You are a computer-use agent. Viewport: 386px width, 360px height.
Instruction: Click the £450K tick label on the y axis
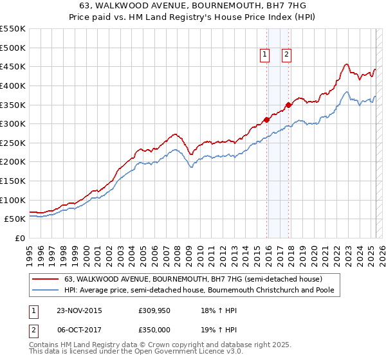13,66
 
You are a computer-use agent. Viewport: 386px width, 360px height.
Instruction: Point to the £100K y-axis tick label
13,200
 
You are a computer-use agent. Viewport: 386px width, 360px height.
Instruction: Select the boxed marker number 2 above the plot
287,55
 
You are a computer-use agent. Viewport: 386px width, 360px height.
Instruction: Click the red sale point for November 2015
266,120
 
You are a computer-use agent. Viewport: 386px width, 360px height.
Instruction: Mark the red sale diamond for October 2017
288,105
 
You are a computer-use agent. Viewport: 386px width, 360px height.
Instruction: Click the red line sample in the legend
45,279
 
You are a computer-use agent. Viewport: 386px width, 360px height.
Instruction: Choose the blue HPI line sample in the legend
45,290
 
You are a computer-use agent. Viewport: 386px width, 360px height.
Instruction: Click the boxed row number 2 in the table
33,328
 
